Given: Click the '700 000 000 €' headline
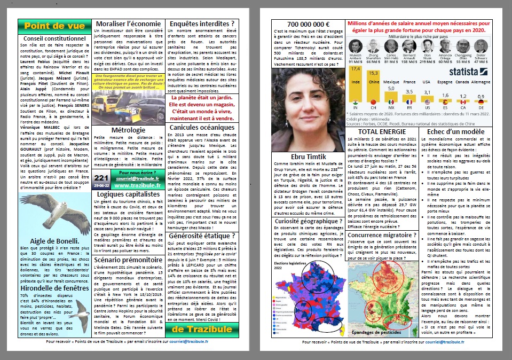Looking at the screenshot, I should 308,25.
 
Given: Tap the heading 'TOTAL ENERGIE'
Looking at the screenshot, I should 382,131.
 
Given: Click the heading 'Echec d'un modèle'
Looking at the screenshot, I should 456,131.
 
